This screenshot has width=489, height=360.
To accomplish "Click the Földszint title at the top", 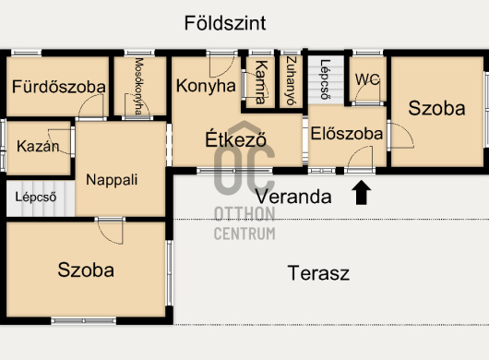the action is (225, 23).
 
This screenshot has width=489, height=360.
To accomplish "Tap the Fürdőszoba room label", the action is (59, 87).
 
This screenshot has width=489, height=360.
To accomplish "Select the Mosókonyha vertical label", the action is (139, 87).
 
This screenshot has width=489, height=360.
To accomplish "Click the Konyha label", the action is (206, 86).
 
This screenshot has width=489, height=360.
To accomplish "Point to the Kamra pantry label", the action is (261, 82).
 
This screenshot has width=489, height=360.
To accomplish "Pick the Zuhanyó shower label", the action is (291, 81).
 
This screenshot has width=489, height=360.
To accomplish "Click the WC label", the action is (368, 79).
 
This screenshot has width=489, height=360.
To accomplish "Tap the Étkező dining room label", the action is (236, 138).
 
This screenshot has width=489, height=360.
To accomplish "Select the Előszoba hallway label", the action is (347, 134).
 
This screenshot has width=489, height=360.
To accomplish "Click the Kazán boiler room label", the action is (38, 146).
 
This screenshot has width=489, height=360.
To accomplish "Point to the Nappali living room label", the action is (112, 180).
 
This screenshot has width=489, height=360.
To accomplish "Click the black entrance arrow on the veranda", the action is (361, 192).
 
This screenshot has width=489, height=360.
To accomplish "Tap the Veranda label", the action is (293, 197).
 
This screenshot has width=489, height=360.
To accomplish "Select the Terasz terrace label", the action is (318, 272).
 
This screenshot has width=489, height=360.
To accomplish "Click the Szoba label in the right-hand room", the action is (436, 108).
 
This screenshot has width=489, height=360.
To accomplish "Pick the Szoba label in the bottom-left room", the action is (86, 270).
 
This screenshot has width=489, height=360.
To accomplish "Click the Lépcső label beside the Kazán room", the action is (36, 197).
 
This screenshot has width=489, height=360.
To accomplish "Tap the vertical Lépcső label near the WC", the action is (326, 79).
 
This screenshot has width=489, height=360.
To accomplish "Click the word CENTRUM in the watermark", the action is (244, 234).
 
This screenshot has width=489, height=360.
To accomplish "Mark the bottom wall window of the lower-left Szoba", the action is (84, 320).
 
